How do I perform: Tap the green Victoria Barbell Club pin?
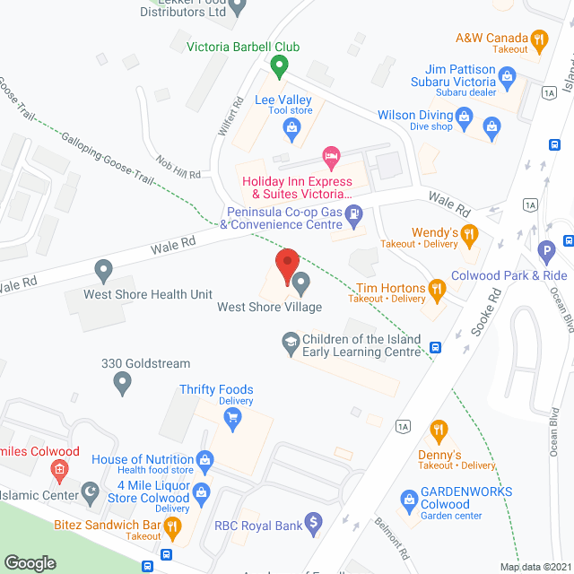pyautogui.click(x=279, y=65)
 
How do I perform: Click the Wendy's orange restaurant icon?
pyautogui.click(x=469, y=235)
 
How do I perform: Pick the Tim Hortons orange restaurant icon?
pyautogui.click(x=437, y=288)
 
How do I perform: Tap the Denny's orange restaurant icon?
pyautogui.click(x=439, y=431)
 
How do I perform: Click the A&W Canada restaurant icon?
pyautogui.click(x=538, y=39)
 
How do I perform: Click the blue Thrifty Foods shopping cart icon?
pyautogui.click(x=233, y=416)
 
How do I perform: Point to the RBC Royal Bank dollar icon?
pyautogui.click(x=313, y=520)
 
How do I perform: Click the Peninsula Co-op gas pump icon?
pyautogui.click(x=356, y=214)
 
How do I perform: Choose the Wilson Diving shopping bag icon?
pyautogui.click(x=464, y=115)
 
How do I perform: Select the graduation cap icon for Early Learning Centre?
pyautogui.click(x=291, y=342)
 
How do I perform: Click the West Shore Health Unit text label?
pyautogui.click(x=148, y=294)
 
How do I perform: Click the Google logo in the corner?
pyautogui.click(x=30, y=563)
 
